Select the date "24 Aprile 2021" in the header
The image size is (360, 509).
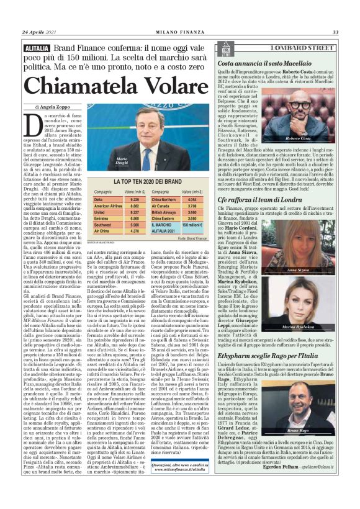(x=39, y=32)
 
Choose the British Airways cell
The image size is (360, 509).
(x=164, y=212)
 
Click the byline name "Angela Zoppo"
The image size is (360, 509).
(x=55, y=107)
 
